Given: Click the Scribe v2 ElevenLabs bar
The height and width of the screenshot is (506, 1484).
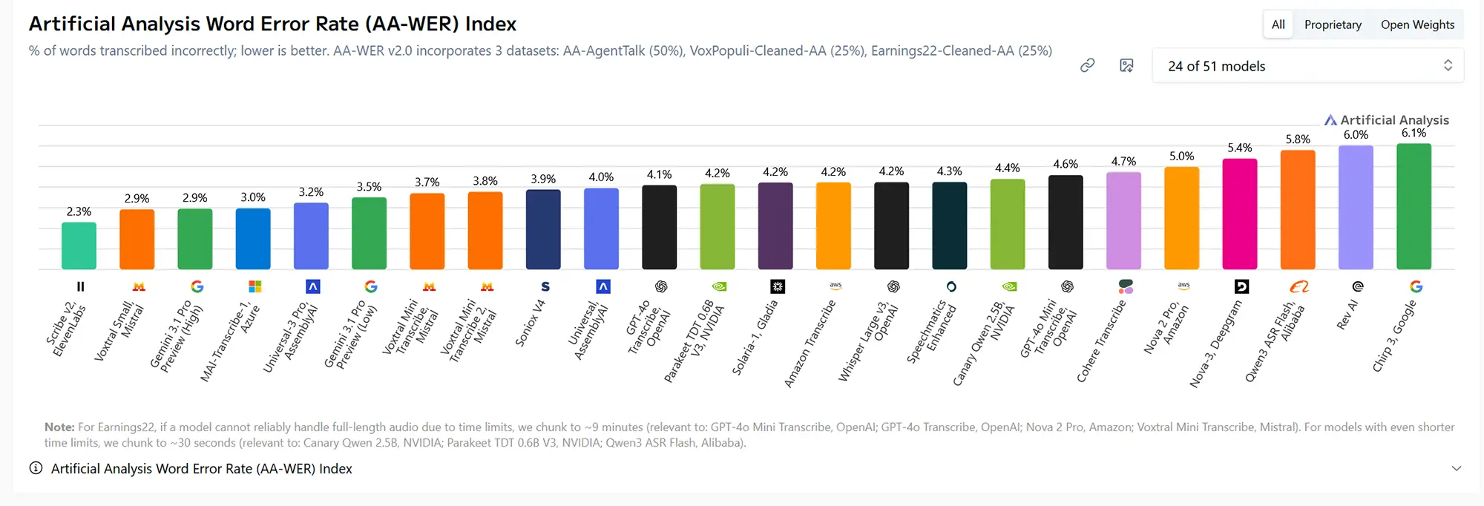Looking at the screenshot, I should (79, 246).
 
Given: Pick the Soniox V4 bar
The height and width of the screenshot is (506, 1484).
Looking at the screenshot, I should (543, 229).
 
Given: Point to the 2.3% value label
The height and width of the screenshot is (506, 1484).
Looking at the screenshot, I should (79, 211).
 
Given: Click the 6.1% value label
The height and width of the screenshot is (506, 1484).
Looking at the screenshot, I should (1414, 133).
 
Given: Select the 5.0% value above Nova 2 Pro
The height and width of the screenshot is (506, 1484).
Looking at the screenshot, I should (1181, 156).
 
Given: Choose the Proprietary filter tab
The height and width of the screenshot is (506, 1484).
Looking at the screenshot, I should (1333, 24).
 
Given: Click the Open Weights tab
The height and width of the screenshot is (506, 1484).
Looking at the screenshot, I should (1417, 24).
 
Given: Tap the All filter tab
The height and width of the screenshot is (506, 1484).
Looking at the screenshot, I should (1278, 24).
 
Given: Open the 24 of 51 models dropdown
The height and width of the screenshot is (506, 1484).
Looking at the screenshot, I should (1307, 66).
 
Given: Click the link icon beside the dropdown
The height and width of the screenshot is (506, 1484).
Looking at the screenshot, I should (1087, 65).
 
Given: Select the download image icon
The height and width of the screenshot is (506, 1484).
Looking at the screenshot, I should (1126, 65).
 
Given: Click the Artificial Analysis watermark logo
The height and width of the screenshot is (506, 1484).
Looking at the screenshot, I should (1386, 119).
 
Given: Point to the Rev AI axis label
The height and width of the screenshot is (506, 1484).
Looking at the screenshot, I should (1347, 315).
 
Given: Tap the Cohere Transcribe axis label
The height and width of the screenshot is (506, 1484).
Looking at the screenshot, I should (1101, 341).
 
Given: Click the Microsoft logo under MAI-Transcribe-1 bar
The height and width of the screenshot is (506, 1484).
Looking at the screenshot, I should (255, 286).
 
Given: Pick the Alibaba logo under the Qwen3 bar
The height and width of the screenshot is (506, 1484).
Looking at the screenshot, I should (1298, 286).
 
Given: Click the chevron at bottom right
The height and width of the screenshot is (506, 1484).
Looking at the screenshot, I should (1456, 468).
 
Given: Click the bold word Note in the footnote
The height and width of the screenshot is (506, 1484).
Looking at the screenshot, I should (59, 427).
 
